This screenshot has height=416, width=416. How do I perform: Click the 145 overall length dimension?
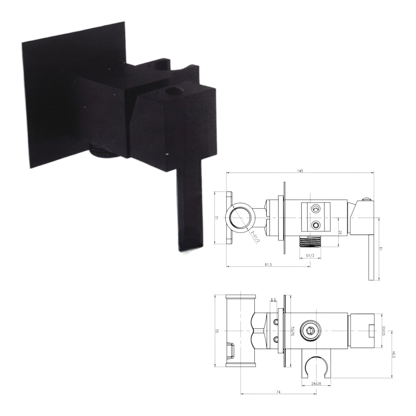coord(300,171)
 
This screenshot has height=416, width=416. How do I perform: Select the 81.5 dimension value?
coord(268,265)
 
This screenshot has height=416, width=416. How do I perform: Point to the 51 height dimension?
coord(217,218)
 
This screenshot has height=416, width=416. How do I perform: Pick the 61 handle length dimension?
coord(381,249)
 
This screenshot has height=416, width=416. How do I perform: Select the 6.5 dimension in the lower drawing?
coord(273,299)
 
